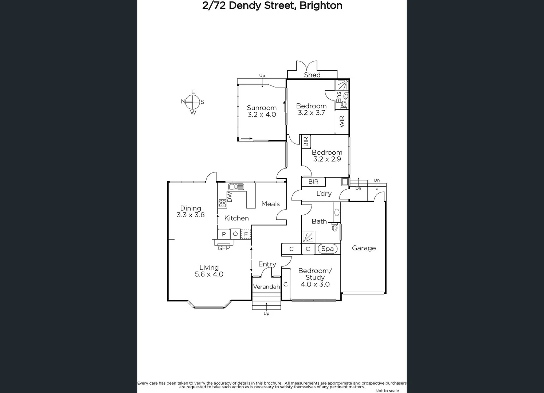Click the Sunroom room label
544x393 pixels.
262,108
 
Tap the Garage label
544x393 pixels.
364,248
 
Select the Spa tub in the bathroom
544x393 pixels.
328,249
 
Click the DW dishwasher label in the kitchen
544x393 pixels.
230,197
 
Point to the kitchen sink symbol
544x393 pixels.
236,187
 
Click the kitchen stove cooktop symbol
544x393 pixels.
222,203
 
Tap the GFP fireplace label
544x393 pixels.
224,248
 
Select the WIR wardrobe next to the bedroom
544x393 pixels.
342,122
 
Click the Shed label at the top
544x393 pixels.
312,75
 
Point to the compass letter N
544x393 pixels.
183,102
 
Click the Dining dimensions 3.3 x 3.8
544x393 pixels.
191,215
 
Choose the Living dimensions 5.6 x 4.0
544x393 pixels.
209,274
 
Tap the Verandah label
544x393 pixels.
266,287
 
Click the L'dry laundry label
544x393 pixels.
324,194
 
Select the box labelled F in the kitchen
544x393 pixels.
246,234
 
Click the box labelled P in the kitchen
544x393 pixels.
224,234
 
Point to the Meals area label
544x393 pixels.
270,204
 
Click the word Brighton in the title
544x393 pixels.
321,6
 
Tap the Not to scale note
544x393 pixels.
387,390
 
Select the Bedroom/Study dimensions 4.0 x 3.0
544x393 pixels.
315,284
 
